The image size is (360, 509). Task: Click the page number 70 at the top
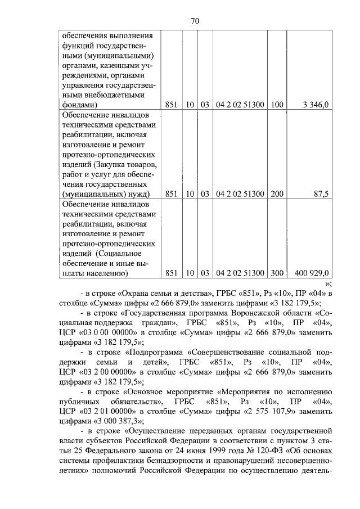[x=195, y=21]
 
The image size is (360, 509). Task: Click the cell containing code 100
[x=277, y=104]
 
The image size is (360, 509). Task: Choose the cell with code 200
[x=277, y=194]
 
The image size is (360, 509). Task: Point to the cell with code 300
[x=277, y=273]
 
